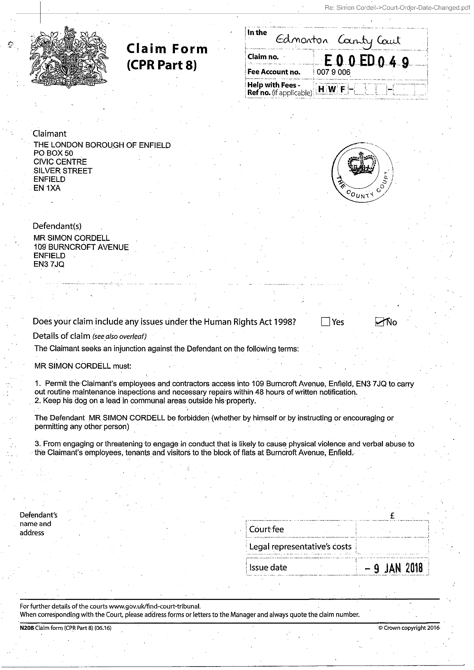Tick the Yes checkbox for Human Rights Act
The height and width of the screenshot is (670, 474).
coord(325,322)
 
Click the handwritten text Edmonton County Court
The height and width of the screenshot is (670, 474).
coord(338,41)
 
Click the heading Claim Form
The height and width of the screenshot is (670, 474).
coord(167,49)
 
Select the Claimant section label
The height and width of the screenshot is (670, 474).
coord(49,134)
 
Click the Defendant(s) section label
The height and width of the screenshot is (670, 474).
coord(57,226)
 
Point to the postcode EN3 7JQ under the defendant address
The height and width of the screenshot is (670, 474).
coord(49,264)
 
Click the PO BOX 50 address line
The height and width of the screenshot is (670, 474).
coord(53,153)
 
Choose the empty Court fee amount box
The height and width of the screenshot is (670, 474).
coord(392,529)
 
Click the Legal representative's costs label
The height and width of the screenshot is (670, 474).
coord(300,547)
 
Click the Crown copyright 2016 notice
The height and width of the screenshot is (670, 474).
coord(409,628)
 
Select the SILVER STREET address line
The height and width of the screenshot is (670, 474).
coord(63,171)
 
